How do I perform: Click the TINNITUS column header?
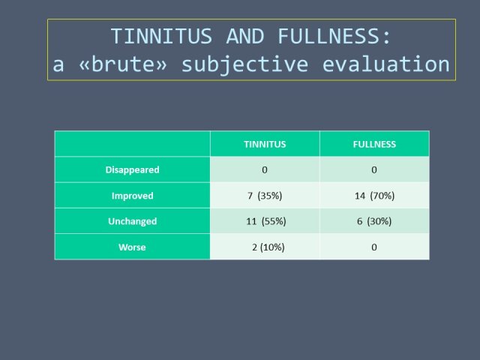[x=265, y=144]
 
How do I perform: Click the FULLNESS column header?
[x=374, y=144]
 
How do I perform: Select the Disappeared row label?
[x=132, y=170]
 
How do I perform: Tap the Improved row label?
[x=132, y=196]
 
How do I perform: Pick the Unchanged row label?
[x=132, y=221]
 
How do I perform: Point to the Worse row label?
[x=132, y=247]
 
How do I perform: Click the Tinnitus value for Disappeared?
[x=265, y=170]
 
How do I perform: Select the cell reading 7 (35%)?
[x=265, y=196]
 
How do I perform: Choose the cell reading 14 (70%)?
[x=375, y=196]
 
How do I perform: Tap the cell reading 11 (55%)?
[x=266, y=221]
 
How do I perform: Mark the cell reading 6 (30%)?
[x=374, y=221]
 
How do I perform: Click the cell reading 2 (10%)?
[x=268, y=247]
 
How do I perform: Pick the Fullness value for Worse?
[x=374, y=247]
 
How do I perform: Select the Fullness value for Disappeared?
[x=374, y=170]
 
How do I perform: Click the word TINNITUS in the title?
[x=161, y=36]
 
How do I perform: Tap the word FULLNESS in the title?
[x=329, y=36]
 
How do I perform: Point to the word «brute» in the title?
[x=123, y=64]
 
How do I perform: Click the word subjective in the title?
[x=245, y=65]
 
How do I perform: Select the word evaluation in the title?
[x=386, y=64]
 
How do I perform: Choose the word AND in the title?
[x=245, y=36]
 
